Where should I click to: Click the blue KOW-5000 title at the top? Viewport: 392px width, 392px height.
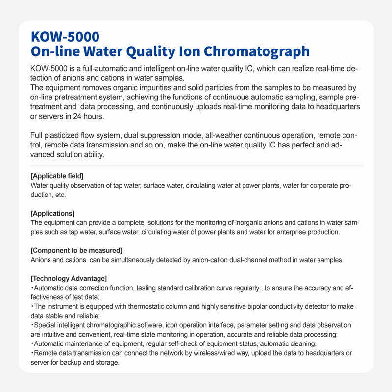click(x=65, y=37)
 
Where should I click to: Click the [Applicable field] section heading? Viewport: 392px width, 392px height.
click(x=57, y=176)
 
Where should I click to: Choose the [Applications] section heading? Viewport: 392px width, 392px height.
click(x=52, y=213)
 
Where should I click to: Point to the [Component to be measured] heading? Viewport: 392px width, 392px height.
click(x=76, y=250)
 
